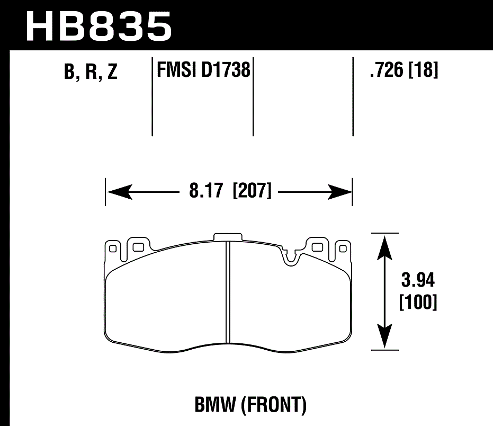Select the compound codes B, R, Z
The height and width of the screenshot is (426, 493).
point(91,73)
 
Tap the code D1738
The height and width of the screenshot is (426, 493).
point(226,69)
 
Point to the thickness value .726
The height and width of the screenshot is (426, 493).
point(387,69)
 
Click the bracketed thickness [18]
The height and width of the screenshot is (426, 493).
point(423,69)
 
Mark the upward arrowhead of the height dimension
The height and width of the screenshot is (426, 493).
point(384,243)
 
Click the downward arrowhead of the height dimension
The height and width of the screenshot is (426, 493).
point(384,339)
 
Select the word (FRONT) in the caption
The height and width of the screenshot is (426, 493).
point(274,406)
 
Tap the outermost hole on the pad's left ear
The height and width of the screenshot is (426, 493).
point(112,247)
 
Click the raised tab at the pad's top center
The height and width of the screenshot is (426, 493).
point(228,237)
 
